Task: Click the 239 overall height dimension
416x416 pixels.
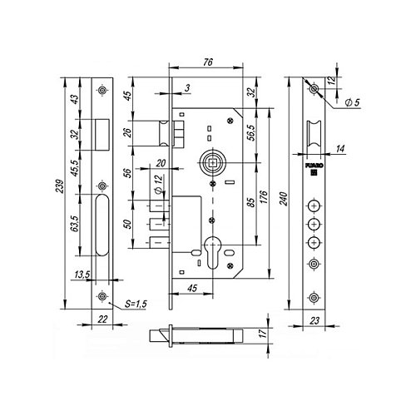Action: click(60, 186)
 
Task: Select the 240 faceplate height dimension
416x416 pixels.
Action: click(284, 199)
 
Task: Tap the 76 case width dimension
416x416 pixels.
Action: click(208, 62)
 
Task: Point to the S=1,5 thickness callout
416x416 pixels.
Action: click(136, 304)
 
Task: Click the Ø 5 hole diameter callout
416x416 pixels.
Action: click(352, 102)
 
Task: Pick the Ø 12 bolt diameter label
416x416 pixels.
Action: click(158, 184)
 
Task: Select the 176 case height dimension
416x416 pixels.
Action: click(265, 197)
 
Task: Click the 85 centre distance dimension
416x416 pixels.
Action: click(250, 203)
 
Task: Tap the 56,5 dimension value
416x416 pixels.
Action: click(251, 132)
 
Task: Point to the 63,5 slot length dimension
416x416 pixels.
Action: click(75, 224)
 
